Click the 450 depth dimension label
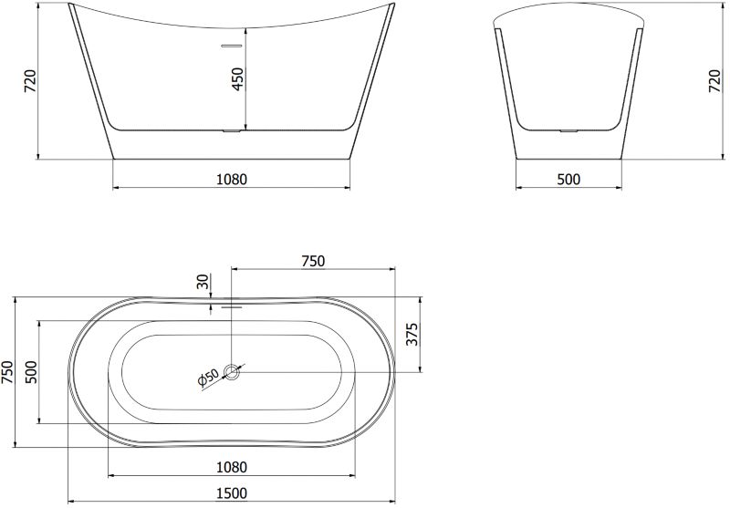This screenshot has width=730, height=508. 237,79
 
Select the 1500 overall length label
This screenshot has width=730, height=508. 232,492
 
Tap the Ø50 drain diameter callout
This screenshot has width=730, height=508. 209,378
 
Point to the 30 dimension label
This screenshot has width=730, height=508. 203,282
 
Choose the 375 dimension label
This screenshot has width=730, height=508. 412,335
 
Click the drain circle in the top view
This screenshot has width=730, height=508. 232,372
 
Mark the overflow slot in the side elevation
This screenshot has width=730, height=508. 231,46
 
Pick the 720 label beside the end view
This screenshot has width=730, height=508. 714,80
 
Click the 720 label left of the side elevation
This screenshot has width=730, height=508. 29,80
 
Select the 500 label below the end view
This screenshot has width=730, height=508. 568,179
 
